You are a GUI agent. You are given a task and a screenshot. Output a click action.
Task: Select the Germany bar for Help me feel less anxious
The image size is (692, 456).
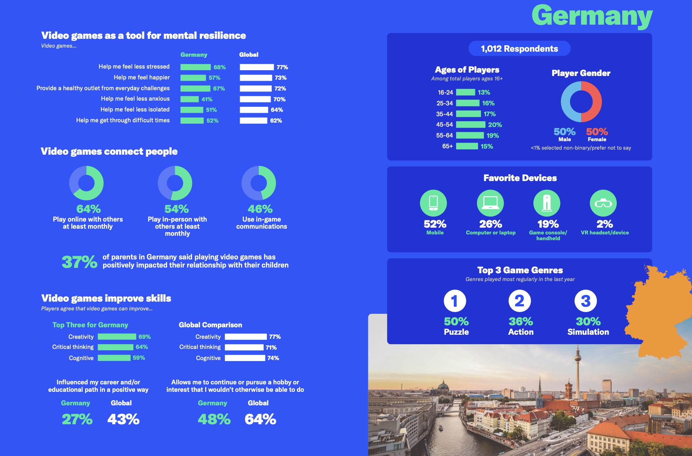coord(189,99)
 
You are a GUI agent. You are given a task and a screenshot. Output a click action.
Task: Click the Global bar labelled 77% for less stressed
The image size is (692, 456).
coord(257,67)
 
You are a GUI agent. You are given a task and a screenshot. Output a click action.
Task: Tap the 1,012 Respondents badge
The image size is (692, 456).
coord(519,49)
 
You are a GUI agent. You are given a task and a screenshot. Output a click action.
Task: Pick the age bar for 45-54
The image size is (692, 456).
coord(471,125)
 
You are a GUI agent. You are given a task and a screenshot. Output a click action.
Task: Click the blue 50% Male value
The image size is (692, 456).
coord(564,132)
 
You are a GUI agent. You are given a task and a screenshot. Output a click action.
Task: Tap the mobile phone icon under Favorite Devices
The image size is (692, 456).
coord(433,203)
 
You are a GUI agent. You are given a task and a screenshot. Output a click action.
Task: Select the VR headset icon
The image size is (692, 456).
coord(603,203)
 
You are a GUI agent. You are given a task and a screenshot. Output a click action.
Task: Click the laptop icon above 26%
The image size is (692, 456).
coord(490,203)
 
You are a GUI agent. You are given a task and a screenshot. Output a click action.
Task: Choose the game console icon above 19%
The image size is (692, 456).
coord(547,203)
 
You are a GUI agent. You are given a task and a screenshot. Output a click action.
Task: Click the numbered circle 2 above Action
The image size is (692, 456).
coord(520,301)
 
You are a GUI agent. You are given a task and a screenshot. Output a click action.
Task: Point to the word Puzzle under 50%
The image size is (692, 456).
coord(456,332)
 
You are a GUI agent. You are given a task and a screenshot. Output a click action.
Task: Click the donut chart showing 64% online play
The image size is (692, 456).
coord(86,183)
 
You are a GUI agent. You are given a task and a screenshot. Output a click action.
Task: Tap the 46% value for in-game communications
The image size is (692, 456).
coord(260,209)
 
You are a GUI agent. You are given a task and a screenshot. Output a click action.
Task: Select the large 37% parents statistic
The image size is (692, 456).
coord(80,262)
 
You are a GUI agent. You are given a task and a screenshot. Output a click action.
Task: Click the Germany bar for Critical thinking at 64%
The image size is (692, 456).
coord(115,347)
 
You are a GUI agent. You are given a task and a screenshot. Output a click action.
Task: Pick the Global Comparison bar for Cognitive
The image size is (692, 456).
coord(245,358)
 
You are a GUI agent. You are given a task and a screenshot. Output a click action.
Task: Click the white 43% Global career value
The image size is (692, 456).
coord(123,420)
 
